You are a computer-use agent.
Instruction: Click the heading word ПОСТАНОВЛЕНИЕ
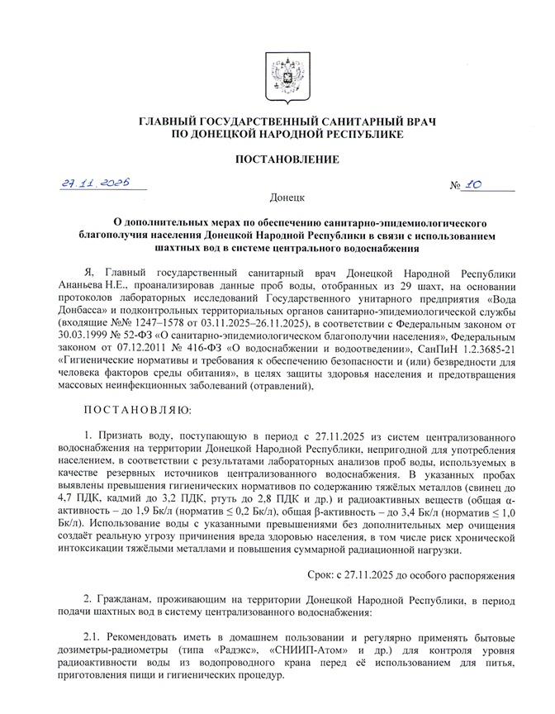tap(277, 159)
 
